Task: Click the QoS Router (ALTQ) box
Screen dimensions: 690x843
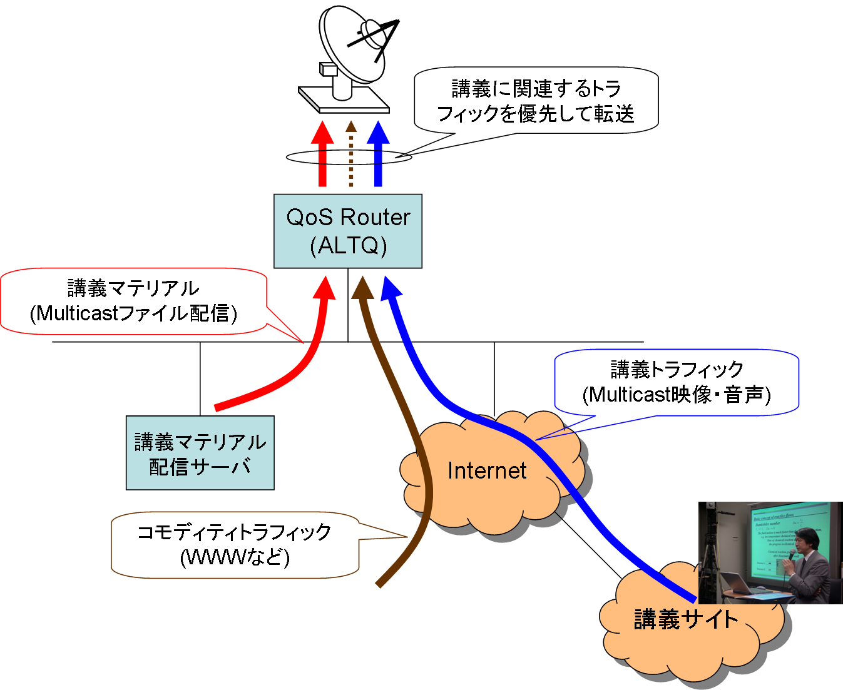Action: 348,231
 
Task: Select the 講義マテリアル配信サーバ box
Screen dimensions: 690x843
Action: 200,453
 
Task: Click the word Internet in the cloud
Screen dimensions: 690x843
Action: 487,470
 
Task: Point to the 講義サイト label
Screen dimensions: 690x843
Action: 686,619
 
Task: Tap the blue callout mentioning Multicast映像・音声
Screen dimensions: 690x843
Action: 677,382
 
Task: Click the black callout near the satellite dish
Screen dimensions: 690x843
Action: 536,101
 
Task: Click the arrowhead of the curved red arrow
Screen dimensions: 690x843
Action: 324,287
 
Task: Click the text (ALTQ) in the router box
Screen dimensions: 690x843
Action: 348,245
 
